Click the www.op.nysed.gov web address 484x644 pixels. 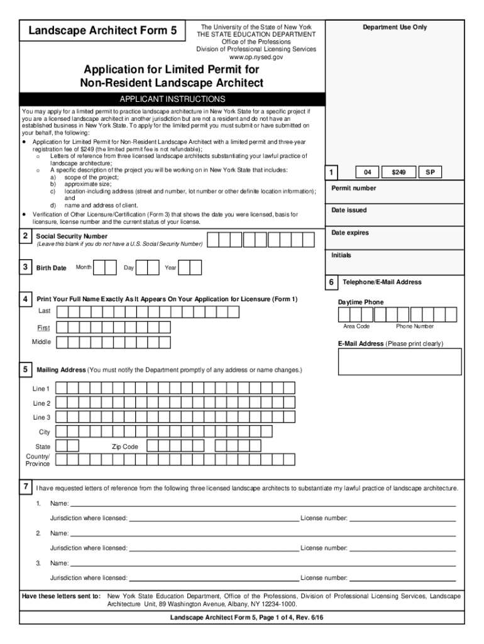tap(256, 57)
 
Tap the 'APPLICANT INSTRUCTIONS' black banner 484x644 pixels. tap(172, 99)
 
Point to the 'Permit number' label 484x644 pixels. tap(354, 188)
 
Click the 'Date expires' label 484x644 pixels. tap(350, 233)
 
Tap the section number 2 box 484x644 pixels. tap(25, 236)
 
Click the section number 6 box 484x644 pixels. tap(331, 282)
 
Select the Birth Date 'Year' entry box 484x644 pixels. tap(190, 268)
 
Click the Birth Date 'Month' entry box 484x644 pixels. tap(109, 268)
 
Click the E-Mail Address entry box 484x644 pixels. tap(399, 362)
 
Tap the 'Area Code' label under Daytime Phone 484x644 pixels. tap(356, 326)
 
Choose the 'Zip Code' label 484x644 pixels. tap(125, 447)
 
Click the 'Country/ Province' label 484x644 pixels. tap(37, 460)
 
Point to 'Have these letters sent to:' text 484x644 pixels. tap(61, 596)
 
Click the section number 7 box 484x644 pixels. tap(25, 487)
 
